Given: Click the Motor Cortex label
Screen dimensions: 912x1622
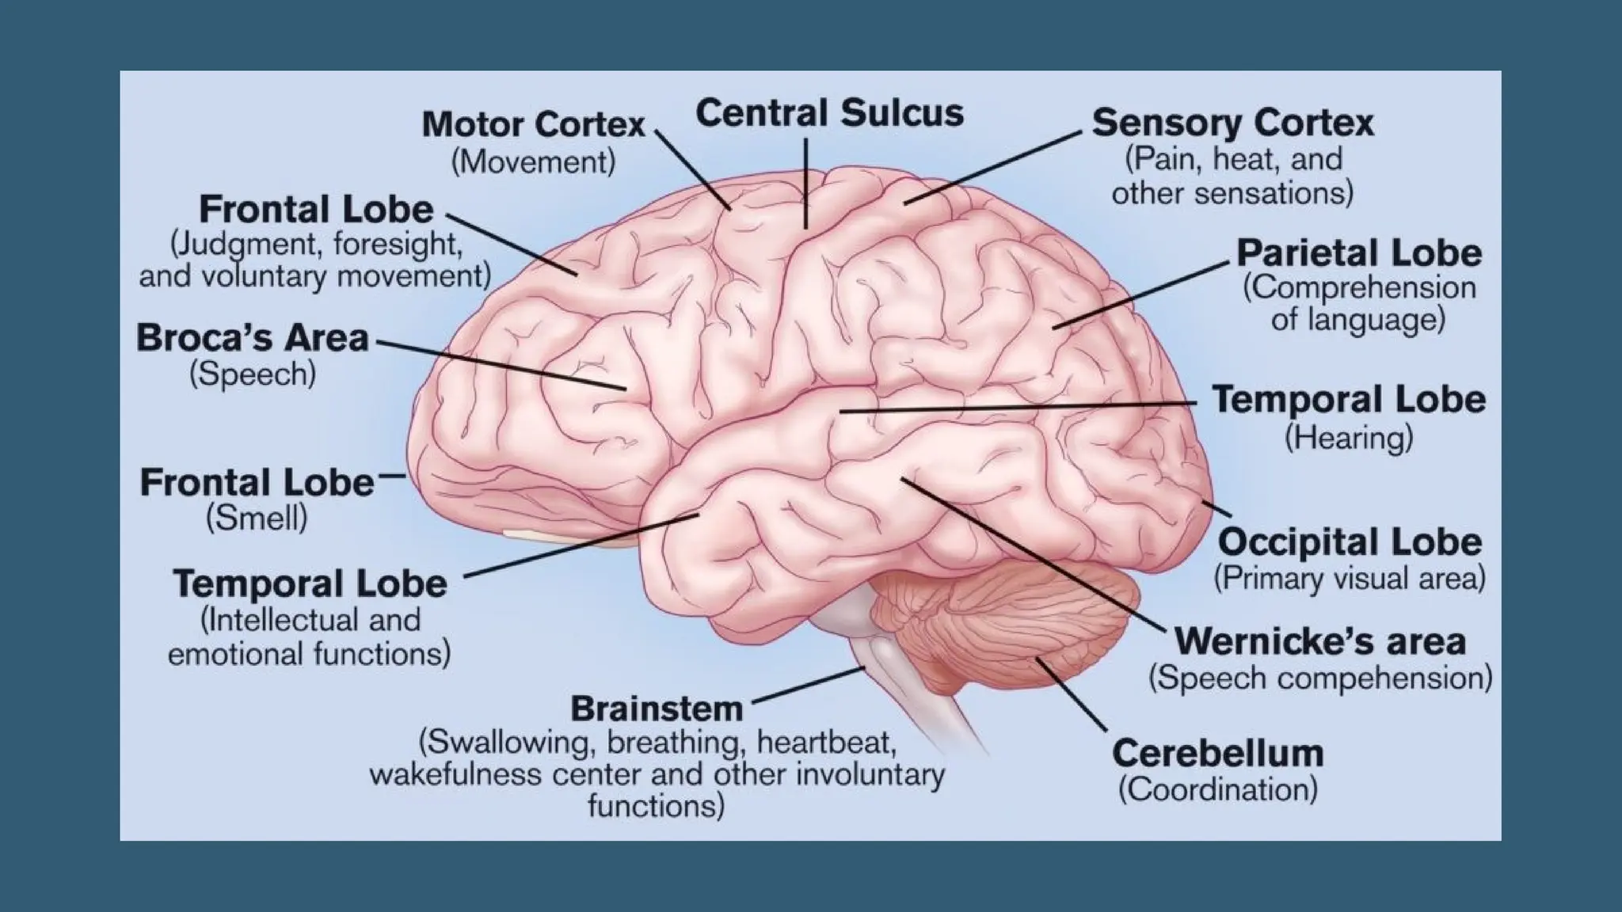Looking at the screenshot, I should pos(533,125).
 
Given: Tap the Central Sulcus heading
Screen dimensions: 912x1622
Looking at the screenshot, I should pos(829,113).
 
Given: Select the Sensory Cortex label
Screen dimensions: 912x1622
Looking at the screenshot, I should pos(1232,123).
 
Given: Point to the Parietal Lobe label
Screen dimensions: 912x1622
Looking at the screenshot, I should pos(1359,253).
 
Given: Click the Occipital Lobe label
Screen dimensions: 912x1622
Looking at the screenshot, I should pos(1350,542).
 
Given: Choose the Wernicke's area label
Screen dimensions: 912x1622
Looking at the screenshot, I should pos(1319,641).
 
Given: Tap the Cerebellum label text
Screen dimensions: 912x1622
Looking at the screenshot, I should pos(1217,753).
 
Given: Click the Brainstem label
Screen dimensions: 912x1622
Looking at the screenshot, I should pos(657,709).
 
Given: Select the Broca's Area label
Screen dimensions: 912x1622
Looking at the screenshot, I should pos(253,338).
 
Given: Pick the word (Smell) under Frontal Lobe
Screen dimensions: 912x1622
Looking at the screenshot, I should pos(257,519).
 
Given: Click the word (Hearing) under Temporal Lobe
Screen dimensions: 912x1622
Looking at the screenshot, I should pos(1348,438).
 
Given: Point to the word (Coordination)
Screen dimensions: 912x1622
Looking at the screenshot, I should pos(1217,789).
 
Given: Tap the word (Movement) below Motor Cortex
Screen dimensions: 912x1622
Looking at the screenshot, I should pos(533,162).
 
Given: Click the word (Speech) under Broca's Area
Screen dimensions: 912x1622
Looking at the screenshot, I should pos(253,374).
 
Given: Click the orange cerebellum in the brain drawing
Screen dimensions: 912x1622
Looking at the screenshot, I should pos(1022,625).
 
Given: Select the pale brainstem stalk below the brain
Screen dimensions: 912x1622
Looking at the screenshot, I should pos(911,681).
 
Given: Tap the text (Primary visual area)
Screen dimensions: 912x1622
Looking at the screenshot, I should pos(1350,579).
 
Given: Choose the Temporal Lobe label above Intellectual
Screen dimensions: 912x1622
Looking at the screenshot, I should pos(310,584).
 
